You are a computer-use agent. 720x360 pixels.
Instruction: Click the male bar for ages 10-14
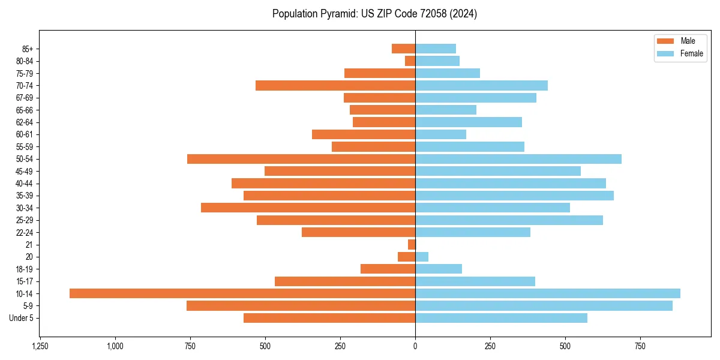tap(242, 293)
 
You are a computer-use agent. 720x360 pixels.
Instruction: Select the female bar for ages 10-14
tap(548, 293)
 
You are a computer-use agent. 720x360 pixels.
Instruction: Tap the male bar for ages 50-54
tap(301, 159)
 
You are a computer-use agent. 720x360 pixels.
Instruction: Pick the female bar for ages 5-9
tap(544, 306)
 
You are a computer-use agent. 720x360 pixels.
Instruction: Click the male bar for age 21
tap(412, 245)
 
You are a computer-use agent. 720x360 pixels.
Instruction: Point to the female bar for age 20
tap(422, 257)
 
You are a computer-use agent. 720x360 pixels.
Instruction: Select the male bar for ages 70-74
tap(335, 86)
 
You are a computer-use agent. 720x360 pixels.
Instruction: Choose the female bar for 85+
tap(436, 49)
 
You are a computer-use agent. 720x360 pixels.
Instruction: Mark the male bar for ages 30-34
tap(308, 208)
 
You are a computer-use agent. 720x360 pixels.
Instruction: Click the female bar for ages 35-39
tap(514, 196)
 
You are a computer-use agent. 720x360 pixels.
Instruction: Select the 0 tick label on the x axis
tap(415, 346)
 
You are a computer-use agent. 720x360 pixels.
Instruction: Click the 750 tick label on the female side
tap(640, 346)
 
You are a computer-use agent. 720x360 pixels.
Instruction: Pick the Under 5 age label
tap(22, 318)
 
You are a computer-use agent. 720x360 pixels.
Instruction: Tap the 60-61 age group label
tap(25, 134)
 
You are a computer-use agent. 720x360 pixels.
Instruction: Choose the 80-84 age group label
tap(25, 61)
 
